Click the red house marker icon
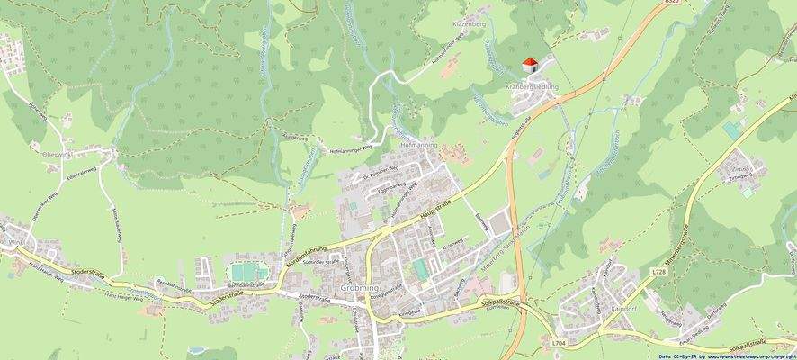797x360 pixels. (x=530, y=64)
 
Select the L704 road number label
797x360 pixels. (x=558, y=342)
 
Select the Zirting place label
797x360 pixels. (x=740, y=169)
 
